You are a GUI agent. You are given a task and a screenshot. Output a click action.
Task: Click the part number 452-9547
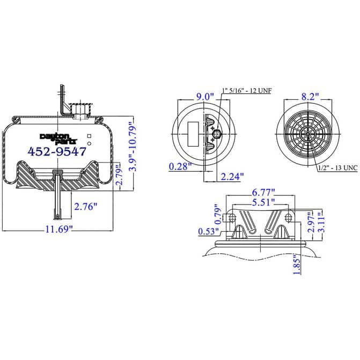56,152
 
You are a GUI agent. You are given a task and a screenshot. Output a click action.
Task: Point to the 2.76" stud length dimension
86,206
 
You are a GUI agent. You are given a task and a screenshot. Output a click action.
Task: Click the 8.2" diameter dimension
309,97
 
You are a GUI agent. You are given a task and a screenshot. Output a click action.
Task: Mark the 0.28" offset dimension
181,166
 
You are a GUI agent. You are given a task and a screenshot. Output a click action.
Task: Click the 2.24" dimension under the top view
232,176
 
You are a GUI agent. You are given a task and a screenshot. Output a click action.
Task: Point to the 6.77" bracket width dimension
263,192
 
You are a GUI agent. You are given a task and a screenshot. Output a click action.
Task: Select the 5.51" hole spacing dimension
263,202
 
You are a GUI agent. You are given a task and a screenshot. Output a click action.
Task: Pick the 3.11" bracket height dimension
321,223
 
